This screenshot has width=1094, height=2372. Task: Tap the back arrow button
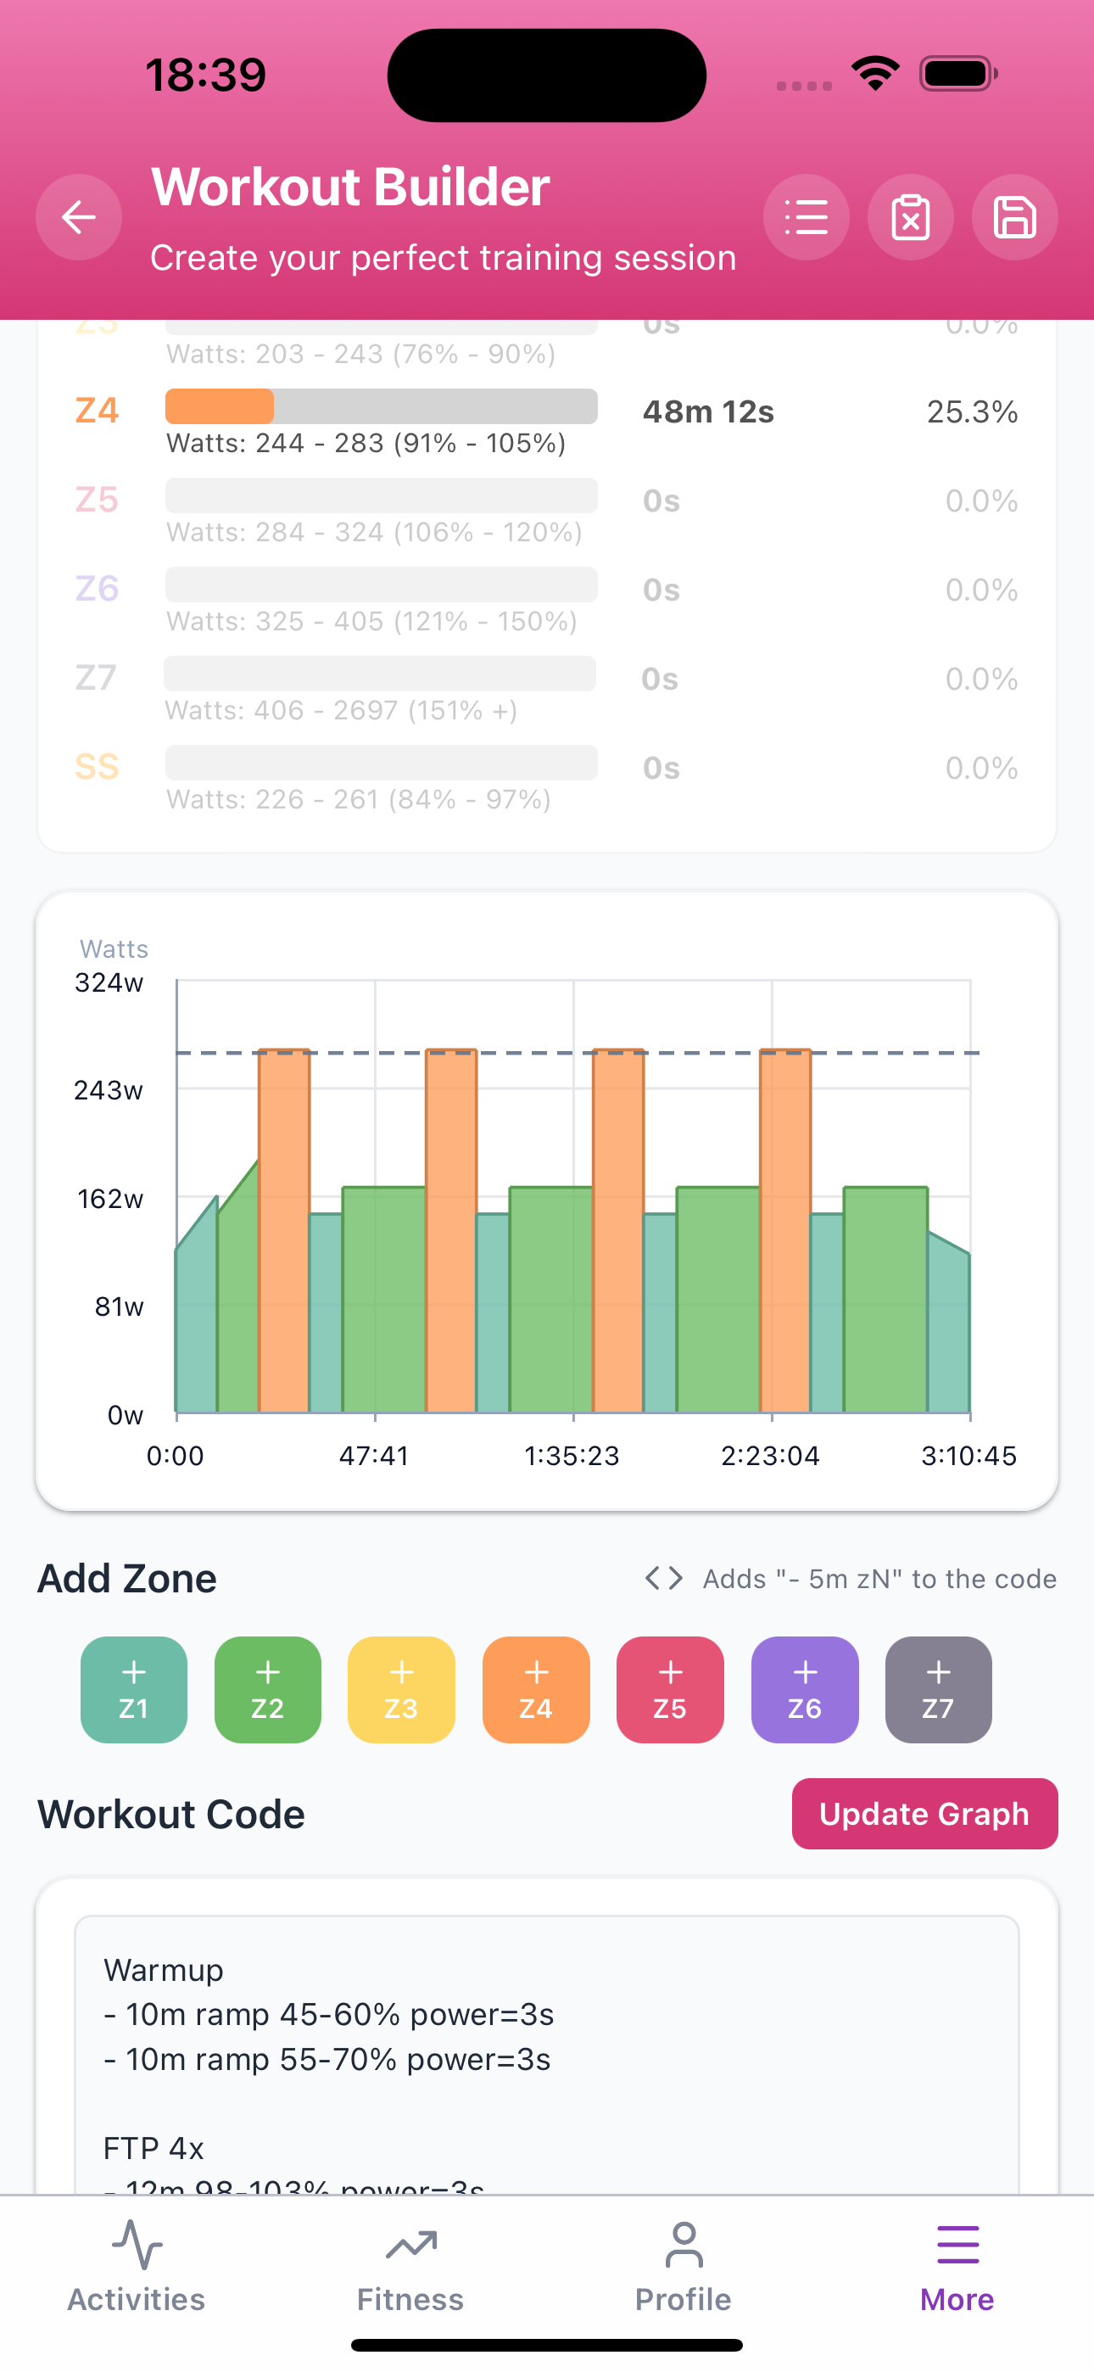(78, 217)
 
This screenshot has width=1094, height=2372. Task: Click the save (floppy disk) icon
(1014, 217)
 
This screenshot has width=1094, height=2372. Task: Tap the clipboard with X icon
(910, 217)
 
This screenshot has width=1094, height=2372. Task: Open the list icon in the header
(806, 217)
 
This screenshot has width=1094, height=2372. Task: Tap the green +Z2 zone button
(267, 1689)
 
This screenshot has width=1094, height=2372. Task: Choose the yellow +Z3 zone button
(400, 1689)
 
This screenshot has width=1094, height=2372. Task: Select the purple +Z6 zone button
(804, 1689)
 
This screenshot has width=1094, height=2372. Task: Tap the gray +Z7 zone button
(937, 1689)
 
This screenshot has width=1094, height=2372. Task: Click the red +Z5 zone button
(669, 1689)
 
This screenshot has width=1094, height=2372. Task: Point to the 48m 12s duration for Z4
(708, 411)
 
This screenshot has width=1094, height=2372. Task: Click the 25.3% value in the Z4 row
(972, 411)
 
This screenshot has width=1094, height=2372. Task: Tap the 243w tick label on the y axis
(109, 1090)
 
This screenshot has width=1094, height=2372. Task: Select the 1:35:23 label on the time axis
(572, 1456)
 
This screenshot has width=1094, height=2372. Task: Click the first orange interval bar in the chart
(283, 1234)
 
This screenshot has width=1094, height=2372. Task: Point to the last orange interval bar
(784, 1234)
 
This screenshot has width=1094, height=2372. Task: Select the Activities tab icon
(137, 2246)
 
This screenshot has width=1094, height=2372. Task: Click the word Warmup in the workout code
(164, 1970)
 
